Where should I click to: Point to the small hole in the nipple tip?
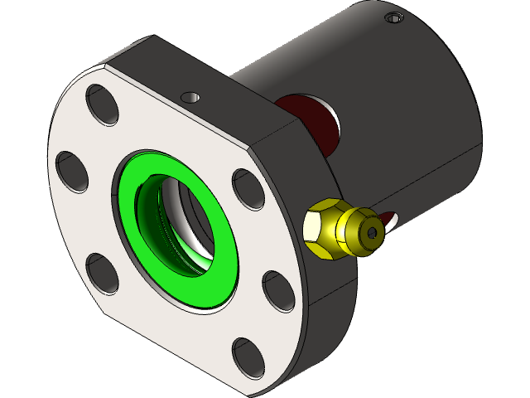click(376, 234)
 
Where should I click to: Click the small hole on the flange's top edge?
click(191, 96)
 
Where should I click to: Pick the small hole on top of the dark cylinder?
click(393, 17)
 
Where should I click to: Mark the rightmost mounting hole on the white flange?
click(277, 291)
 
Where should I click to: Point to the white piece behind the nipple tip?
click(392, 218)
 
